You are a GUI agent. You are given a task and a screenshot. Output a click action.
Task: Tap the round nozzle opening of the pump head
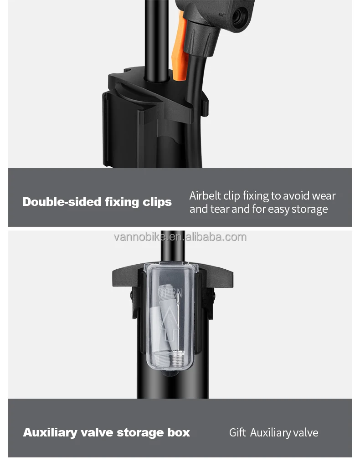point(237,18)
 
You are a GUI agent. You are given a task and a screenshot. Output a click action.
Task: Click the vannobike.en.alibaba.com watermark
point(180,237)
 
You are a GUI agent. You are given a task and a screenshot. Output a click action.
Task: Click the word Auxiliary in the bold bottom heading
point(50,432)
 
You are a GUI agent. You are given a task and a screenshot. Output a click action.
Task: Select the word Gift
point(237,433)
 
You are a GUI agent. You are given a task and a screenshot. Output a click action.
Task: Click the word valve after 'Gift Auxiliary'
point(306,433)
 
